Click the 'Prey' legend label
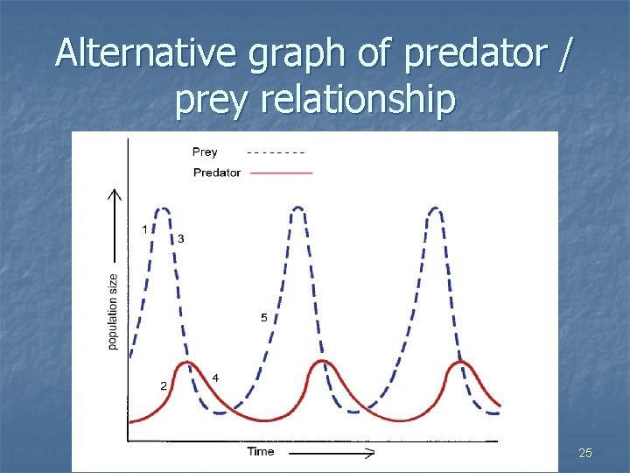[x=205, y=152]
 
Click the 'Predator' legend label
[x=216, y=173]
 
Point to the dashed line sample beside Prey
[x=276, y=152]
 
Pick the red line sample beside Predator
[x=281, y=173]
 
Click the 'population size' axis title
[x=113, y=311]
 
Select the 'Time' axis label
[x=260, y=451]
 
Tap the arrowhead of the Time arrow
[x=370, y=454]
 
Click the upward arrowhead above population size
[x=113, y=194]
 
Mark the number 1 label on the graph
[x=145, y=229]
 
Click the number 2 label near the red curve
[x=164, y=385]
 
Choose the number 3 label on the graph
[x=180, y=238]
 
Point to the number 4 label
[x=215, y=378]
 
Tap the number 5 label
[x=264, y=318]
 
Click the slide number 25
[x=585, y=453]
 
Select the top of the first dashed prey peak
[x=162, y=208]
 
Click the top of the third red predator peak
[x=460, y=361]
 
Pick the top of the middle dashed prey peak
[x=299, y=208]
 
